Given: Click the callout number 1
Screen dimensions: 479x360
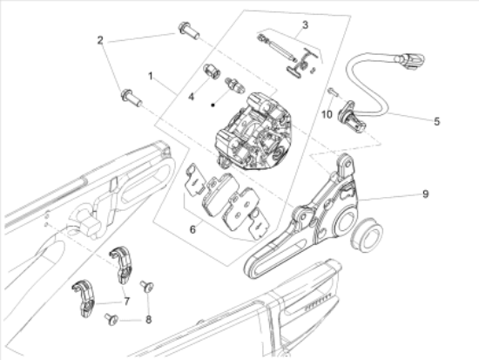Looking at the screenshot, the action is click(150, 76).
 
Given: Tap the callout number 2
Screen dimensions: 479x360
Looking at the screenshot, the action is click(100, 40).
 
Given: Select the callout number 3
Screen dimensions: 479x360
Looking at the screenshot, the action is click(305, 25).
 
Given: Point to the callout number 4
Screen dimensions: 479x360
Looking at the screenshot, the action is click(192, 97).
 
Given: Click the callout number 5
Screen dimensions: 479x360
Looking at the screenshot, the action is click(437, 121).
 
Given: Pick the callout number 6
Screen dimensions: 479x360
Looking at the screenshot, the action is click(192, 229).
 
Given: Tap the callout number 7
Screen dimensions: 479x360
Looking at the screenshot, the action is click(126, 302).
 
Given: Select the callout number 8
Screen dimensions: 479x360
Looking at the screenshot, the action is click(148, 320).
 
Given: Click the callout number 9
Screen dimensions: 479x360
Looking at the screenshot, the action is click(426, 194).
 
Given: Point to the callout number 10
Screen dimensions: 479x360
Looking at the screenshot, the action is click(327, 115).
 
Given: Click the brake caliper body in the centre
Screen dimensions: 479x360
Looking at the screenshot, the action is click(253, 132).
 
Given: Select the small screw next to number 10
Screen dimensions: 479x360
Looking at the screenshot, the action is click(332, 92).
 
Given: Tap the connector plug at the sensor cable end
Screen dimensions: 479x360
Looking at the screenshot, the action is click(409, 59).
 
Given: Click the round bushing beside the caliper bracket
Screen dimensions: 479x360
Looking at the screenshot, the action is click(367, 234).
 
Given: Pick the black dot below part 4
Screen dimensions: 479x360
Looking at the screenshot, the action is click(213, 105).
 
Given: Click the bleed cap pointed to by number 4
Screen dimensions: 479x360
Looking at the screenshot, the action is click(212, 71).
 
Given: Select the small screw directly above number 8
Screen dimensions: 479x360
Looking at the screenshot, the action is click(147, 287).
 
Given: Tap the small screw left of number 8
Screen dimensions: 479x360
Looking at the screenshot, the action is click(111, 319).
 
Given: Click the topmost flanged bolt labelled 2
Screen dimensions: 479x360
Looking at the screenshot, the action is click(189, 31).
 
